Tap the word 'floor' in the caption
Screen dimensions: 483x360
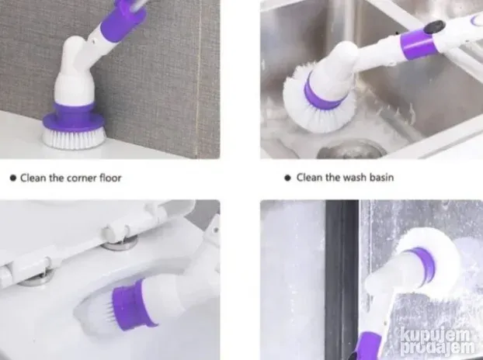[110, 178]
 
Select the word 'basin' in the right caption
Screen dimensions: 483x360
[381, 177]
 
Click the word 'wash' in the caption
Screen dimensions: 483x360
[355, 177]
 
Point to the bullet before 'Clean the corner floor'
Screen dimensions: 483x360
[13, 178]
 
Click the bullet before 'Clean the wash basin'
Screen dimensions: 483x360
[288, 178]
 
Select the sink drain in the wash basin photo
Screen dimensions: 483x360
[352, 150]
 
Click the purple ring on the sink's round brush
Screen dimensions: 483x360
[322, 94]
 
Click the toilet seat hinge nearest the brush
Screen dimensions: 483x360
[120, 238]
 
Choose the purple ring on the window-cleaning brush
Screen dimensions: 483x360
[424, 264]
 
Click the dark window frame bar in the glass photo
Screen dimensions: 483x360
[342, 279]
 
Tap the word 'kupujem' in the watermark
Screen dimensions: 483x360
[436, 335]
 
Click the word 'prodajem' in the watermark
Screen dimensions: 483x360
[437, 348]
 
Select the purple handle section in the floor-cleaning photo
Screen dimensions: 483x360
[123, 20]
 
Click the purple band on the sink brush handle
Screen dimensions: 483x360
[418, 44]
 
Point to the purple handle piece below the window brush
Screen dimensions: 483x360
[368, 346]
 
